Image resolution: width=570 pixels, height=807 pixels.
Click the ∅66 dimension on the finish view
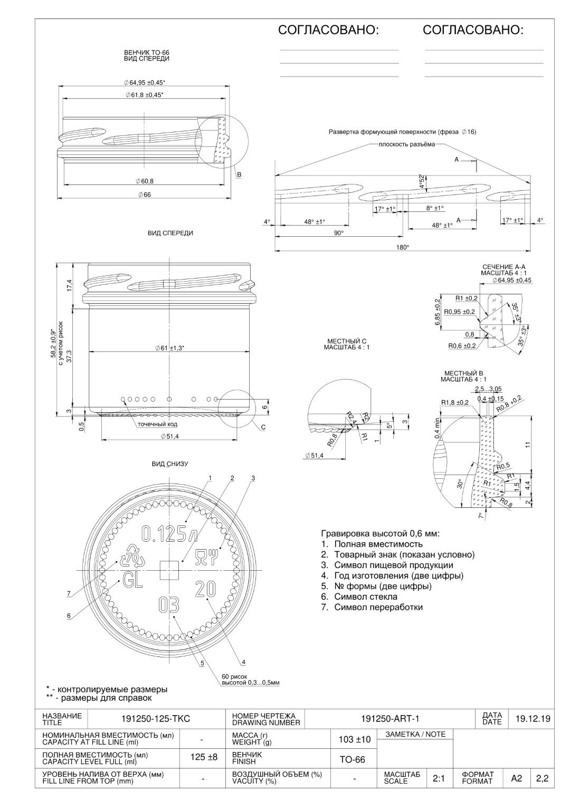click(144, 194)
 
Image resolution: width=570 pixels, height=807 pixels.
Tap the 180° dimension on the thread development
click(403, 247)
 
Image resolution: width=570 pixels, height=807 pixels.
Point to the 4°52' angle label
click(422, 181)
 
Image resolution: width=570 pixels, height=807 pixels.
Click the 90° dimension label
click(339, 233)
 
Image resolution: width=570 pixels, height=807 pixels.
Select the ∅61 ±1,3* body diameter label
click(170, 348)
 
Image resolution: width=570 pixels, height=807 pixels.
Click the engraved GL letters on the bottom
click(132, 579)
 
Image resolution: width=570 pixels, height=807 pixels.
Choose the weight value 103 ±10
click(355, 739)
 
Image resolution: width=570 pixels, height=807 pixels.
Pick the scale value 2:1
click(439, 778)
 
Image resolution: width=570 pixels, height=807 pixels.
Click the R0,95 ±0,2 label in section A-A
click(459, 312)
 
